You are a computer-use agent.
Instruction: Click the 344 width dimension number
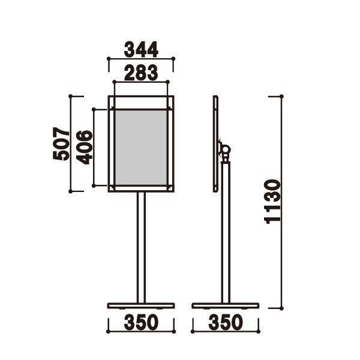[x=141, y=49]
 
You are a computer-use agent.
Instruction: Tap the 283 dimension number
[x=141, y=73]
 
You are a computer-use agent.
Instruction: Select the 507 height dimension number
[x=61, y=143]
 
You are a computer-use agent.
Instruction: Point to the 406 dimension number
[x=84, y=148]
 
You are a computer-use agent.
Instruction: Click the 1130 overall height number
[x=272, y=202]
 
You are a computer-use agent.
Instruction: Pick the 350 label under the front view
[x=141, y=322]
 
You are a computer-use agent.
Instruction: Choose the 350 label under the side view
[x=226, y=322]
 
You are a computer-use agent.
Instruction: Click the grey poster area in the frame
[x=141, y=148]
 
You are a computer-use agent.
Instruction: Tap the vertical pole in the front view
[x=141, y=247]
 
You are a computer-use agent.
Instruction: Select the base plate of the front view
[x=141, y=305]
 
